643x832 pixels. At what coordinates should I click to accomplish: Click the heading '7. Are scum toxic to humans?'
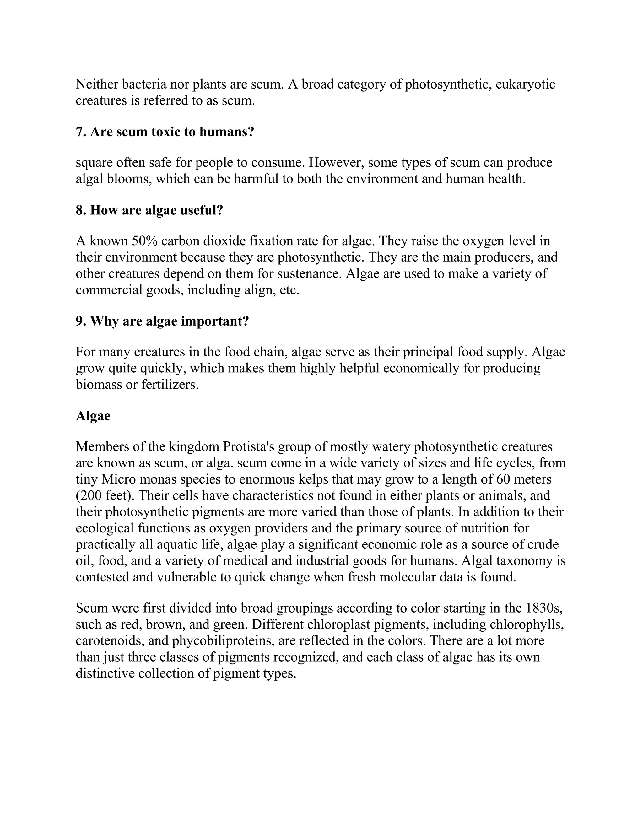pyautogui.click(x=165, y=132)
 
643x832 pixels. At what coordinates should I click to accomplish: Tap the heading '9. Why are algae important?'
pyautogui.click(x=162, y=321)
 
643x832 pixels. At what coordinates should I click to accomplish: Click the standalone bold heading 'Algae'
pyautogui.click(x=93, y=416)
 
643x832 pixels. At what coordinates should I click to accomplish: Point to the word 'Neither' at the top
pyautogui.click(x=97, y=84)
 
